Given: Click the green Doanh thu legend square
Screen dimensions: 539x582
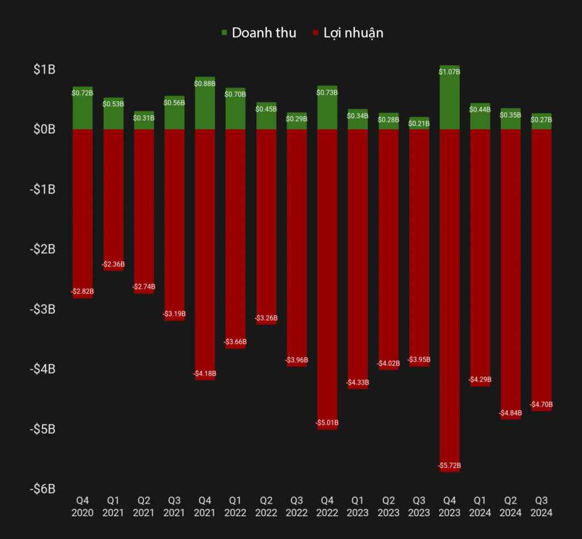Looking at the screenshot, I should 224,33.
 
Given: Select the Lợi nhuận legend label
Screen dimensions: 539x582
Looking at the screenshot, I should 353,33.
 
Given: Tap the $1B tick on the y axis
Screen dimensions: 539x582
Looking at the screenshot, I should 44,70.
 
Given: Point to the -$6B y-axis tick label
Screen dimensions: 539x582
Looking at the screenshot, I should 42,488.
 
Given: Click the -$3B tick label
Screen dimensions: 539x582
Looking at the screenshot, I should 42,309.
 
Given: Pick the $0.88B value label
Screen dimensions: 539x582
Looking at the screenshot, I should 205,84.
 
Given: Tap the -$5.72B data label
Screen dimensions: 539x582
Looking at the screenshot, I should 450,466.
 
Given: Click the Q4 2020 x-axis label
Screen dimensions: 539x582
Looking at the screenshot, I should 82,506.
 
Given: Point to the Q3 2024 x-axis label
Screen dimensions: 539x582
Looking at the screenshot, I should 542,506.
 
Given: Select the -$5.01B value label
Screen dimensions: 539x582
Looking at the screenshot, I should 327,423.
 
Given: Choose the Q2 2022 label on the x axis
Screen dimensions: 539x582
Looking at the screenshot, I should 266,506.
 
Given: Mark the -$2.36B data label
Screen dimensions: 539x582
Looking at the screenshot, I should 113,264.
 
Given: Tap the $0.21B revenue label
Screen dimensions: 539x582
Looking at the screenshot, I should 419,123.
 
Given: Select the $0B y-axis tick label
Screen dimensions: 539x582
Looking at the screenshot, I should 44,130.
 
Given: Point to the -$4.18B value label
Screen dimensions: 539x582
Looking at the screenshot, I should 205,374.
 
